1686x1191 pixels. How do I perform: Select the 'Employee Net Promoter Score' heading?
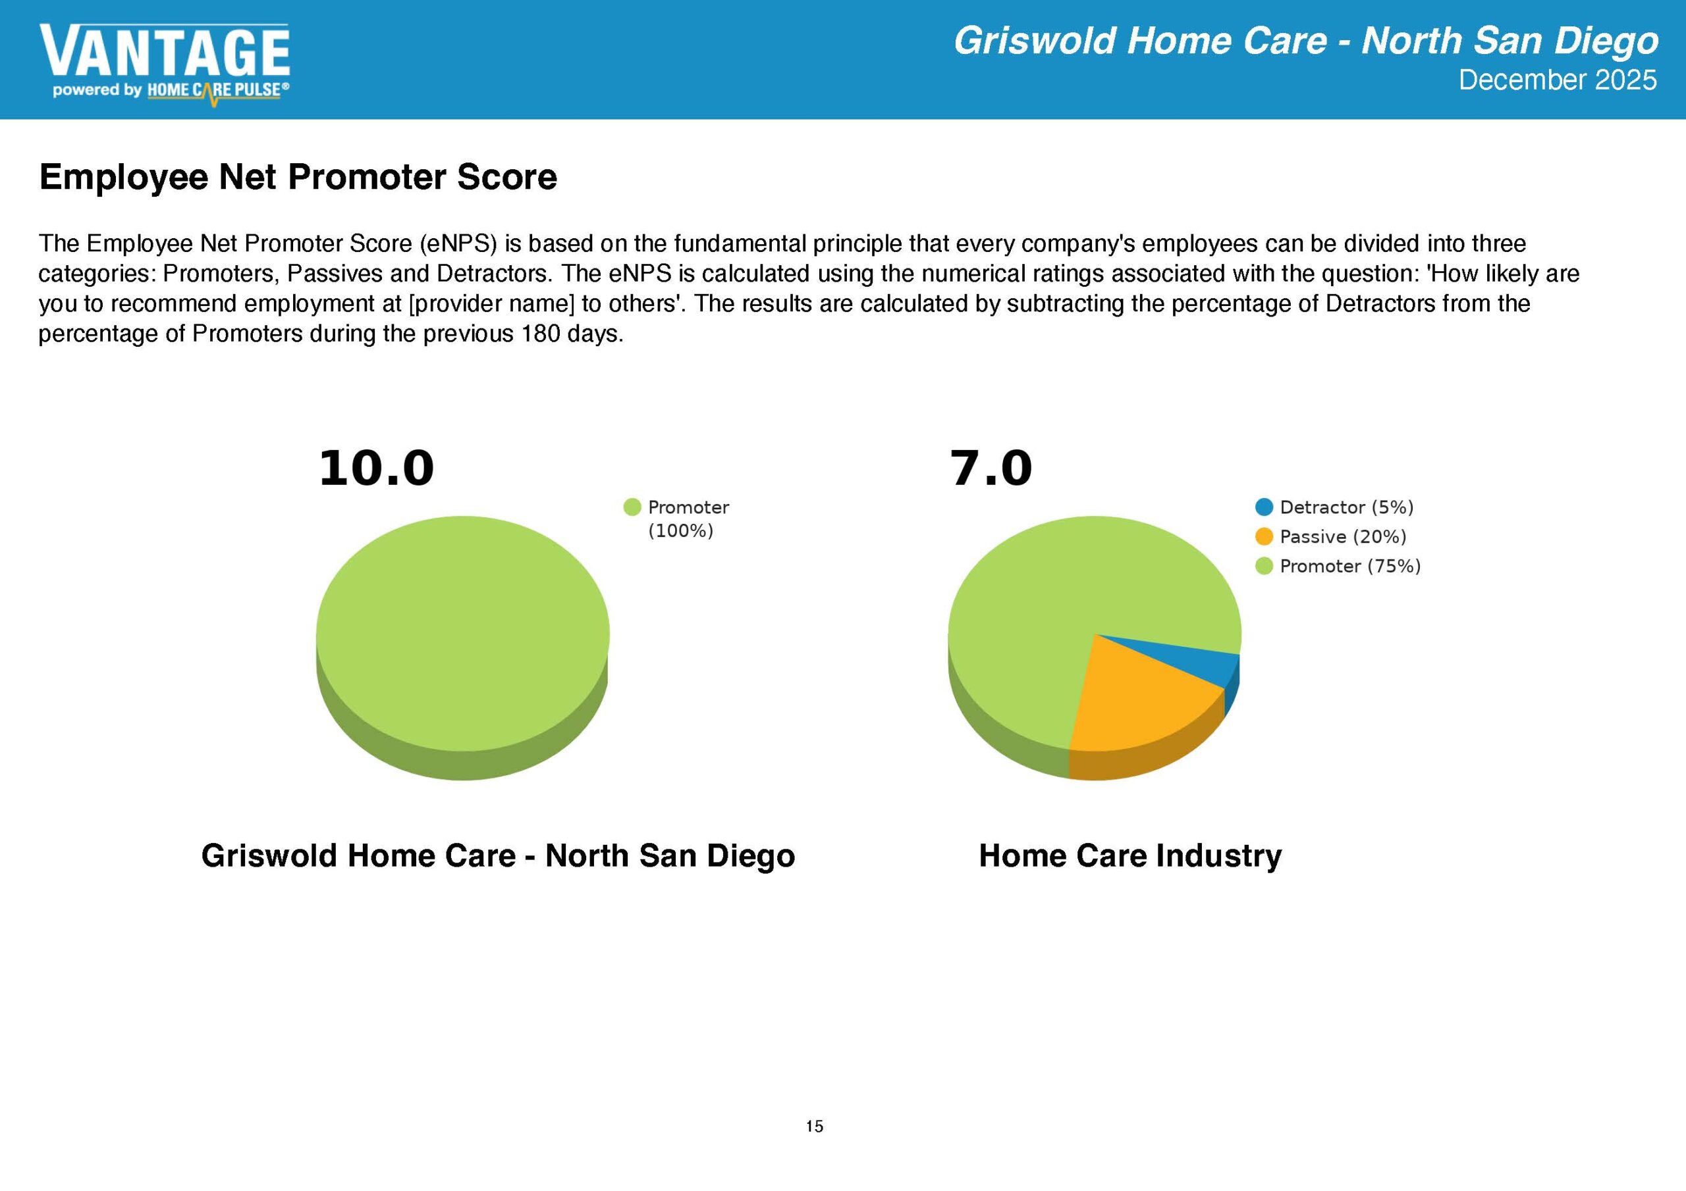[298, 177]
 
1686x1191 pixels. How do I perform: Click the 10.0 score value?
[376, 469]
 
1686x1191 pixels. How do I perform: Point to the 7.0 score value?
[991, 469]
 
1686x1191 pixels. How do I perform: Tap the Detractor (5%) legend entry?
[1334, 507]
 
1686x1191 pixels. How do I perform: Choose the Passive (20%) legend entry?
[1330, 536]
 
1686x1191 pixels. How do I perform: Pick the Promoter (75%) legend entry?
[1338, 566]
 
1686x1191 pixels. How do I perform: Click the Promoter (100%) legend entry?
[676, 519]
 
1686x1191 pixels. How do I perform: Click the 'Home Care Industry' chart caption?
[1130, 855]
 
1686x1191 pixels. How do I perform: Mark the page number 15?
[815, 1127]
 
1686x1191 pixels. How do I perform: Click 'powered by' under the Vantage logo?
[96, 90]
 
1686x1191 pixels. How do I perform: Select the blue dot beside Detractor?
[1264, 507]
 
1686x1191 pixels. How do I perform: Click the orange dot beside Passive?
[1264, 536]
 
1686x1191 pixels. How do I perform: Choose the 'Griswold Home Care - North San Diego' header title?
[1305, 41]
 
